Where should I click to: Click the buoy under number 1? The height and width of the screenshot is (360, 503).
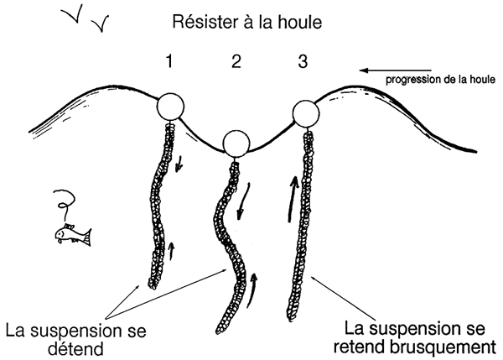[x=171, y=108]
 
